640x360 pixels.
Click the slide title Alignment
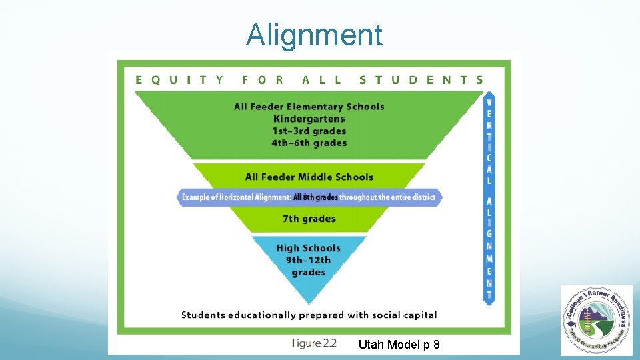[x=314, y=35]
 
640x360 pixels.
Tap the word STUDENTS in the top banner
[x=421, y=80]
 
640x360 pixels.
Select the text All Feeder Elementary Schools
[x=309, y=107]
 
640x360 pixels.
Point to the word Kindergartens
[x=309, y=119]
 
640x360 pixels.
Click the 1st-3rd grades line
[x=309, y=131]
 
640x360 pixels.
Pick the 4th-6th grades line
[x=309, y=143]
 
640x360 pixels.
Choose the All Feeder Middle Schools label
[x=309, y=177]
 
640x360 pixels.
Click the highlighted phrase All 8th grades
[x=315, y=197]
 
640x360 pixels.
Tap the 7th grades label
[x=309, y=219]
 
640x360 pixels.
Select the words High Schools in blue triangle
[x=309, y=248]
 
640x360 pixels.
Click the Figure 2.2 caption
[x=314, y=343]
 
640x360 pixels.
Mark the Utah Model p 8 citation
[x=399, y=345]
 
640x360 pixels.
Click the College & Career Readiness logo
[x=596, y=319]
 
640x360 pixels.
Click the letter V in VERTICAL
[x=490, y=103]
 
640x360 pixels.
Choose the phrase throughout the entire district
[x=387, y=197]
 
